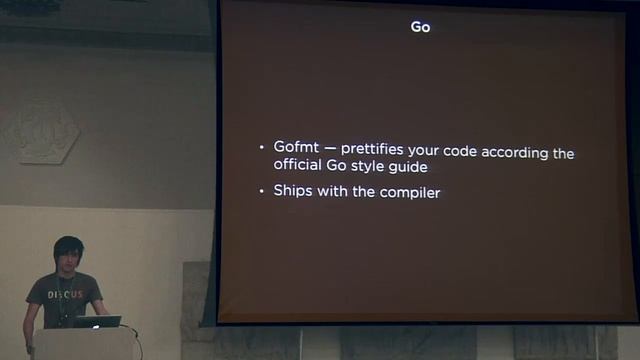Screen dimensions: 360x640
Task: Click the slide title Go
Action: tap(420, 27)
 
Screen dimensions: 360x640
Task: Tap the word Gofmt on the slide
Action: tap(297, 148)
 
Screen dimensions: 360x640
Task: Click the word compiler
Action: tap(410, 191)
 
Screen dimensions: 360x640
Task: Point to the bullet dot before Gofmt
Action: tap(262, 149)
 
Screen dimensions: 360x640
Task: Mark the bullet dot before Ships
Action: tap(262, 191)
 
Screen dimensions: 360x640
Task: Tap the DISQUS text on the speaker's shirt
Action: tap(66, 295)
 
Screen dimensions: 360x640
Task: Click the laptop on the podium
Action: tap(97, 322)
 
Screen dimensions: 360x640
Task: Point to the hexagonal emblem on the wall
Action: tap(45, 130)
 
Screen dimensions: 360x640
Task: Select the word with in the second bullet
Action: tap(335, 190)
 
